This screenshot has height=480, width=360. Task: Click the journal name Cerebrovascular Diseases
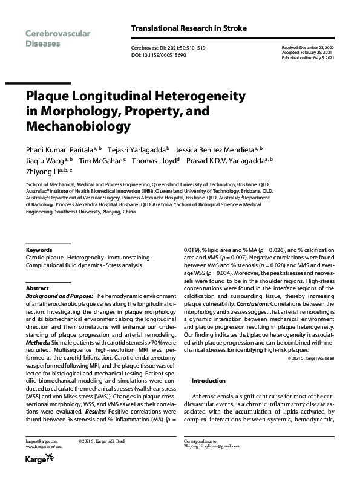pyautogui.click(x=58, y=39)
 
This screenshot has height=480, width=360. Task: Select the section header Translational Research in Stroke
pyautogui.click(x=189, y=28)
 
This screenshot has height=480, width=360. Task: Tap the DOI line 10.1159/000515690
pyautogui.click(x=159, y=55)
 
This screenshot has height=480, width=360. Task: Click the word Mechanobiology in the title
pyautogui.click(x=77, y=126)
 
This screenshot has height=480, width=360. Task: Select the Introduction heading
pyautogui.click(x=209, y=381)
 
